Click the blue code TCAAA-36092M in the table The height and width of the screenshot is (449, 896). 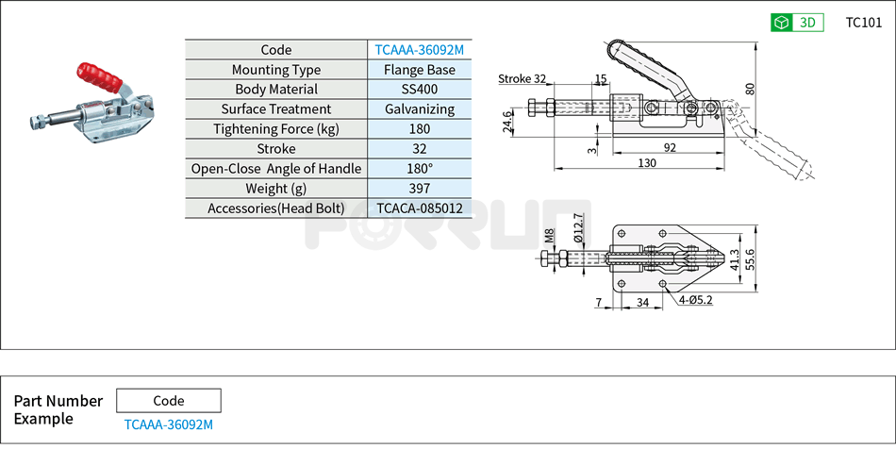419,50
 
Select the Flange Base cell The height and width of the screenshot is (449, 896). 419,70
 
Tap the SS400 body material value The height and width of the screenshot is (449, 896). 419,90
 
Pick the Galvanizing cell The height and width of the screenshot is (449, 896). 419,109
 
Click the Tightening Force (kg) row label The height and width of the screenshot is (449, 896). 275,129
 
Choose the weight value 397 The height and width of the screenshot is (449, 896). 419,189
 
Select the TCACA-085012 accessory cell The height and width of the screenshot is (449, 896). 419,208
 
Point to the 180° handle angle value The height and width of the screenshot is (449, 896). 419,169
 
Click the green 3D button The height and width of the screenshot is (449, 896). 797,23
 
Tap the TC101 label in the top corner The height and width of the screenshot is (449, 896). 863,23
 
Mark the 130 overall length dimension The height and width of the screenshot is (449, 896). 646,163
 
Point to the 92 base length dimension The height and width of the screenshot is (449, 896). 670,147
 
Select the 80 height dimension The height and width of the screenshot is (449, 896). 750,89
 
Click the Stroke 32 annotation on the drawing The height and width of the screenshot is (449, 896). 522,79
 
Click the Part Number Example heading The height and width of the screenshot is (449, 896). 58,409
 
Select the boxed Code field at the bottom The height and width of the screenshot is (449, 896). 169,401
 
